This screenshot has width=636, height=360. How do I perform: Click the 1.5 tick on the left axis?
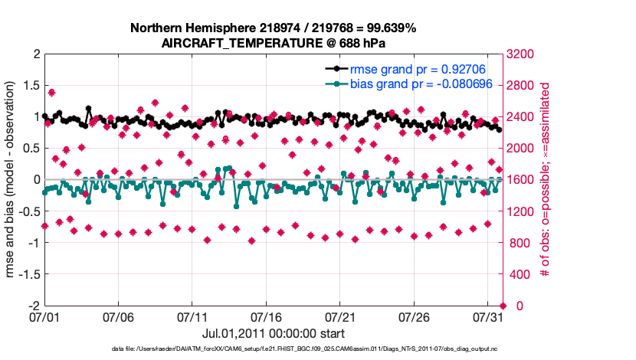coord(31,86)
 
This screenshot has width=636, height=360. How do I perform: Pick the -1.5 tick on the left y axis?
coord(28,274)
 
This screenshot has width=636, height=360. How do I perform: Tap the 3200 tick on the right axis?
coord(521,54)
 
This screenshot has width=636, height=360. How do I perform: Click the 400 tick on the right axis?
coord(518,274)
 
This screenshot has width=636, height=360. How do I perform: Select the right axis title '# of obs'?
coord(546,179)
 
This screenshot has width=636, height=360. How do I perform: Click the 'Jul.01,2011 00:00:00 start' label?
coord(273,333)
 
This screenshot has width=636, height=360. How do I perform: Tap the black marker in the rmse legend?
coord(334,69)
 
